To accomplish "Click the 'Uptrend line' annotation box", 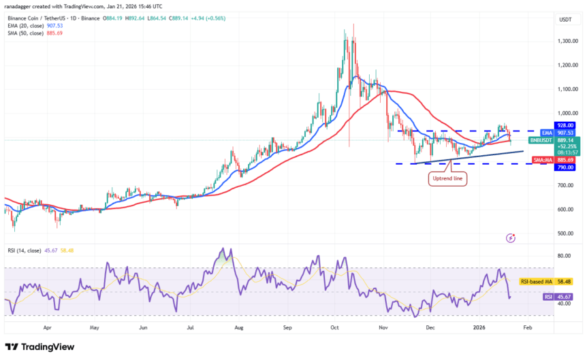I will click(447, 179).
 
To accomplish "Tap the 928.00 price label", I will click(567, 125).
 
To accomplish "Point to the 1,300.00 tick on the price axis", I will click(567, 42).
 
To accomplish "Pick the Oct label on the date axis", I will click(336, 327).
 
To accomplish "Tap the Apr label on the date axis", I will click(47, 327).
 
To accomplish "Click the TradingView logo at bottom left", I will click(41, 346).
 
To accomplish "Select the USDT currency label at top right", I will click(564, 20).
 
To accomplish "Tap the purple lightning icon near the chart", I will click(511, 238).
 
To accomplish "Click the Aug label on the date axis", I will click(239, 327).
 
